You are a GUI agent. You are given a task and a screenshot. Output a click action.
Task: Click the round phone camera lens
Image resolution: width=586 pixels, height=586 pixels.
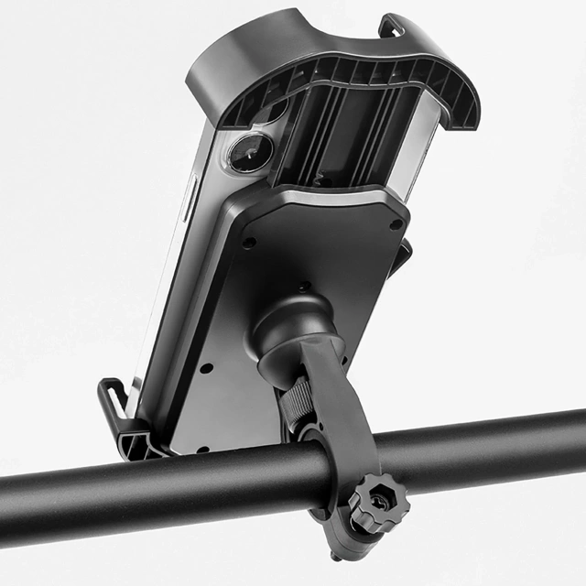tap(249, 152)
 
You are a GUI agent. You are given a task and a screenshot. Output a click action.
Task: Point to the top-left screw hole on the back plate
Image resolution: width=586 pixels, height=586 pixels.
tap(247, 243)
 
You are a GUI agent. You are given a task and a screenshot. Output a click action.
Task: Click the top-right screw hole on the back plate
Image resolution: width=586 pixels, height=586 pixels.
tap(395, 224)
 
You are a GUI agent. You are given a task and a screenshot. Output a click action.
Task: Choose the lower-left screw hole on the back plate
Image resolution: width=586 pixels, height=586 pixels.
tap(205, 368)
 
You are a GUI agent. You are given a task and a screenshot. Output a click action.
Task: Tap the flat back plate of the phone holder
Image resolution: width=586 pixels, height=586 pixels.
tap(330, 256)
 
